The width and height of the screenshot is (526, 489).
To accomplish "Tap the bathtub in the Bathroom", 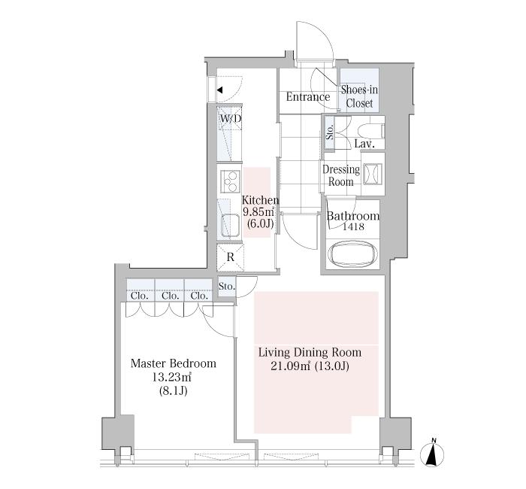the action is click(x=353, y=255).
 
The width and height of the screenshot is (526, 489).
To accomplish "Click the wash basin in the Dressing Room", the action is click(x=373, y=174).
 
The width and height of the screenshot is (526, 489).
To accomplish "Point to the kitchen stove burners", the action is click(x=230, y=182).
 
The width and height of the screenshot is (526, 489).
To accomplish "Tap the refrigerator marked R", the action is click(x=231, y=257).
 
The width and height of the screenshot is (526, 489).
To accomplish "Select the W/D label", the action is click(x=231, y=119).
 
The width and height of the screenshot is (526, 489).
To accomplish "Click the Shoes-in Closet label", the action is click(x=359, y=96).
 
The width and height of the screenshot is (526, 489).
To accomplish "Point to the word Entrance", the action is click(x=308, y=97).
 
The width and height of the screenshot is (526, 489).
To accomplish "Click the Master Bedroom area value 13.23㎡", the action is click(x=172, y=377).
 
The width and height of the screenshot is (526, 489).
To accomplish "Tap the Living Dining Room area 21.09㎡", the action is click(x=290, y=366).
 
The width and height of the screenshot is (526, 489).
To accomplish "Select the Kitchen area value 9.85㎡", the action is click(x=258, y=212).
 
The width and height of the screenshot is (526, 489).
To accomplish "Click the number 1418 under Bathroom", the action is click(x=353, y=226).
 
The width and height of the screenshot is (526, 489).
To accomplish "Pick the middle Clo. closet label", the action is click(x=170, y=296).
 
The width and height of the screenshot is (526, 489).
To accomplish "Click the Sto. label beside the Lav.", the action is click(x=330, y=132).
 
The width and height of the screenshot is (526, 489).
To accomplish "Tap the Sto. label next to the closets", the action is click(x=227, y=287).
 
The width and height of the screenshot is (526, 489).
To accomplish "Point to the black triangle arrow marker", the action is click(x=219, y=90).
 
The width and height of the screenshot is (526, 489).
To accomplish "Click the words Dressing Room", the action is click(x=341, y=175).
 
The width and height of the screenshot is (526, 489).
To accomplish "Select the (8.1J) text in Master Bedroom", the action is click(x=173, y=391).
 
